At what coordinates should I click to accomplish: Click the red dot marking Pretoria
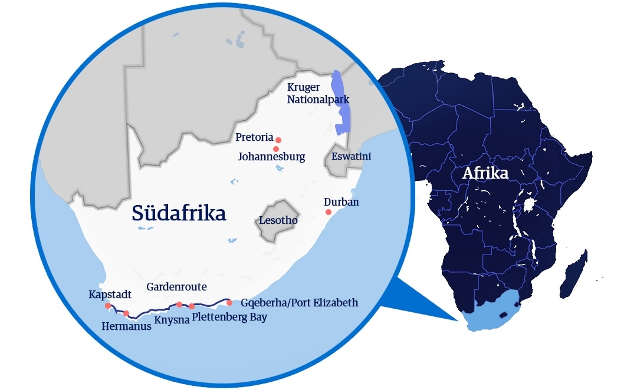(x=278, y=140)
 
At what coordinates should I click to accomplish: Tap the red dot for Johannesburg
(x=276, y=149)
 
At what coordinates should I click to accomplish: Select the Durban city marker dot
(x=329, y=212)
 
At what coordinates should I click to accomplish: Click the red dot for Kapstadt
(x=107, y=306)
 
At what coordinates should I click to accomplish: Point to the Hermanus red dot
(x=126, y=313)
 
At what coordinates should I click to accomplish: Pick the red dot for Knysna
(x=179, y=305)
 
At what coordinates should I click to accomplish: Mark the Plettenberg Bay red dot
(x=192, y=306)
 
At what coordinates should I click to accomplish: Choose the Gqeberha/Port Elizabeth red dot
(x=229, y=303)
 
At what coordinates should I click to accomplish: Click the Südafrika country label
(x=179, y=213)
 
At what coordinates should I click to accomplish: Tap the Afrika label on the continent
(x=486, y=173)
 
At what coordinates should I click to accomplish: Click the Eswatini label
(x=351, y=157)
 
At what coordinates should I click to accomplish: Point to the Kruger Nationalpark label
(x=317, y=94)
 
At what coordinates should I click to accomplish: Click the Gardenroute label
(x=176, y=287)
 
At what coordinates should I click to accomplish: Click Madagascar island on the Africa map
(x=573, y=274)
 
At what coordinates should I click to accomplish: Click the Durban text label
(x=342, y=202)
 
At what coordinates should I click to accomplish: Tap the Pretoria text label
(x=254, y=137)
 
